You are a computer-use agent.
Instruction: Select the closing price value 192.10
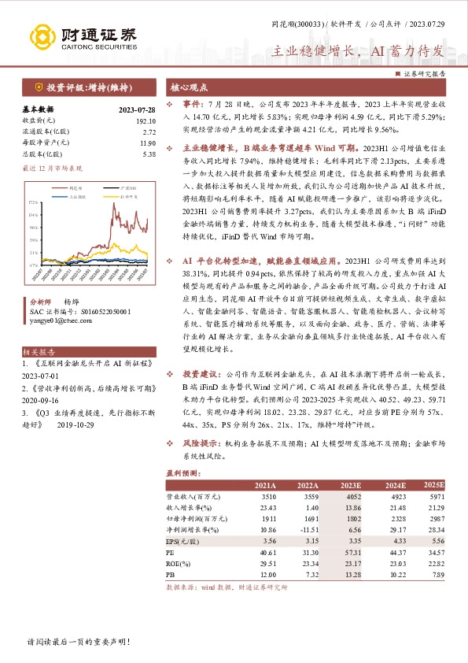click(x=146, y=121)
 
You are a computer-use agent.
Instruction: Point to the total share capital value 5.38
click(x=149, y=154)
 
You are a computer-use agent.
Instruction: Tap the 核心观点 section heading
click(x=189, y=87)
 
